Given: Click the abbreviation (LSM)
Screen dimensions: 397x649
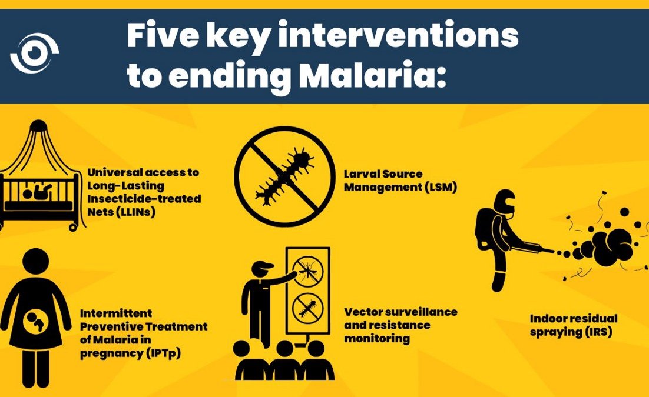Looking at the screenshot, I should pyautogui.click(x=436, y=187).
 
